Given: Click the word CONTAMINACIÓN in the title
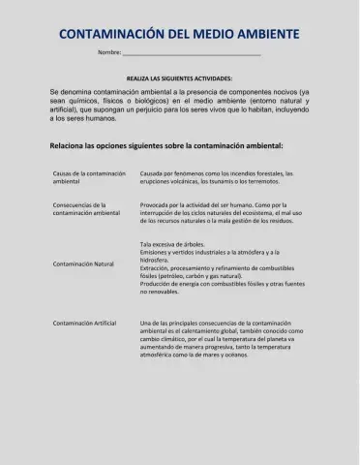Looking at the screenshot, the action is tap(107, 34).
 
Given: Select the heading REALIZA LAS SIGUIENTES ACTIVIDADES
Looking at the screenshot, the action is tap(179, 77).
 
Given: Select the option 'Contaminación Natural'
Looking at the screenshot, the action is tap(83, 263).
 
